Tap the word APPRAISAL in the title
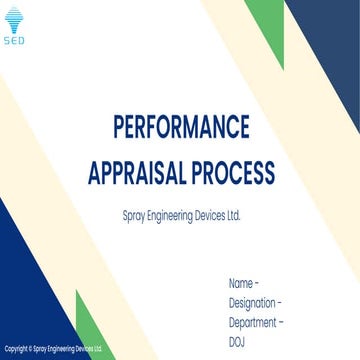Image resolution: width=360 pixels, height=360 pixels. coord(139,173)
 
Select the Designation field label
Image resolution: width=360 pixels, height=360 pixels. coord(253,303)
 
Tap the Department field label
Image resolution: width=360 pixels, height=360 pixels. coord(253,323)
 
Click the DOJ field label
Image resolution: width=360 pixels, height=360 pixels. coord(237,342)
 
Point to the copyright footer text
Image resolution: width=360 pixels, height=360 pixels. coord(52,349)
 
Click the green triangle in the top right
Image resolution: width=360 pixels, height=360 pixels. coord(268,25)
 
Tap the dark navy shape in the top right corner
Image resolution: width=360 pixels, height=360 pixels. coord(330,40)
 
